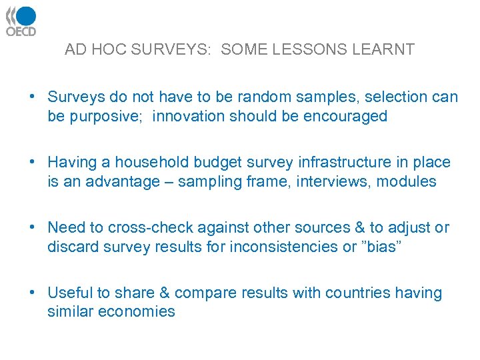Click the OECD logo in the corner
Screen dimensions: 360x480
21,21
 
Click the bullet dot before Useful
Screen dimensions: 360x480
32,293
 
